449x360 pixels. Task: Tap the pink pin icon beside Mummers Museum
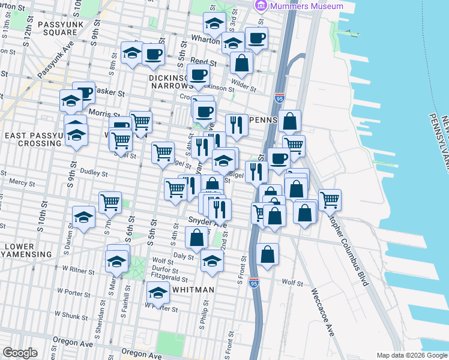pos(261,6)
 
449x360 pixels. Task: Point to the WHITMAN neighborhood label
pos(193,290)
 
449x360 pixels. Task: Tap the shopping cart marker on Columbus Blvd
pos(330,200)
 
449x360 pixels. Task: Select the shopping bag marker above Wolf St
pos(267,254)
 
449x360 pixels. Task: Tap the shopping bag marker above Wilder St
pos(241,62)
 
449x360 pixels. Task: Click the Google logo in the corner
pos(20,353)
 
